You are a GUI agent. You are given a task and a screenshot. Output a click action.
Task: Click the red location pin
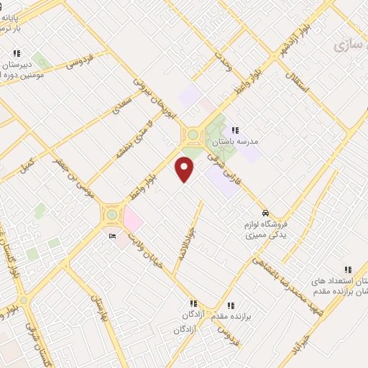point(185,169)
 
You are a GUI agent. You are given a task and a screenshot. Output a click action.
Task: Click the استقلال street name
point(300,83)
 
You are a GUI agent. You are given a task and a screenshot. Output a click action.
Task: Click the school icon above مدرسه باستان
point(234,130)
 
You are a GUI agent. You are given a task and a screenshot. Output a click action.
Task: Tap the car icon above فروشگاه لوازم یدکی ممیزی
point(265,213)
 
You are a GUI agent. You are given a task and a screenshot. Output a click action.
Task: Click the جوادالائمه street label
point(185,241)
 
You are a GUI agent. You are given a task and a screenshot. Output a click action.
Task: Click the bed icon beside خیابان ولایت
point(111,236)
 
